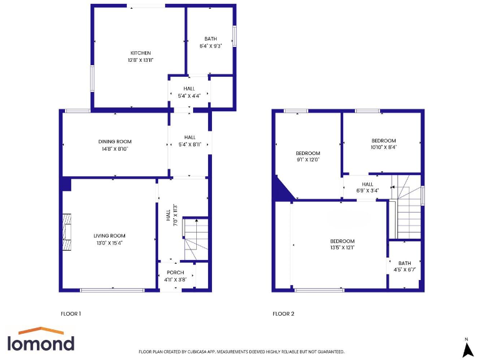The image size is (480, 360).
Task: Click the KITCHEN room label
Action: [x=141, y=52]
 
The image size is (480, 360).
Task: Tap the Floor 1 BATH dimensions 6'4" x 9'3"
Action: [x=211, y=46]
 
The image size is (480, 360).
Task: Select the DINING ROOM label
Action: [x=115, y=142]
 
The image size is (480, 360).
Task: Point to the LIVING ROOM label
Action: [x=110, y=236]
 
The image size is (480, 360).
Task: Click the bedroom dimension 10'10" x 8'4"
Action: [x=384, y=147]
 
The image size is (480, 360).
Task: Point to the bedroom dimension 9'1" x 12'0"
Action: [x=307, y=159]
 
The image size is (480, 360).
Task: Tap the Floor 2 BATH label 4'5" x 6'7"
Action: [x=404, y=270]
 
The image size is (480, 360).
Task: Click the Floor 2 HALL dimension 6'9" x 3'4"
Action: [x=367, y=191]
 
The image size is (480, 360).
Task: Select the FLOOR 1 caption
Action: [x=71, y=313]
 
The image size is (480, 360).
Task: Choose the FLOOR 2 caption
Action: [x=283, y=313]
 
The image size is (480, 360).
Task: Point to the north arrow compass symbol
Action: [x=466, y=349]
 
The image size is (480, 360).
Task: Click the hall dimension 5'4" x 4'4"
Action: [x=189, y=96]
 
